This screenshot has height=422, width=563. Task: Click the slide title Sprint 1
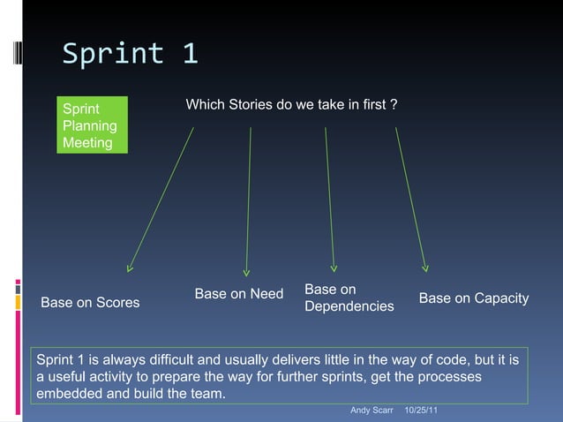coord(130,55)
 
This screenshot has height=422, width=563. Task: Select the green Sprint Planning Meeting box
coord(91,125)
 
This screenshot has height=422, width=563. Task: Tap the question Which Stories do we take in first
coord(290,106)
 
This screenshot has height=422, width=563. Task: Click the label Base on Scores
coord(90,303)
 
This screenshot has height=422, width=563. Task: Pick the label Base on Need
coord(238,294)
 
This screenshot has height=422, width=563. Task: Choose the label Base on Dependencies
coord(349,298)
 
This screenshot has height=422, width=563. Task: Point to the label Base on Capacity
coord(473,298)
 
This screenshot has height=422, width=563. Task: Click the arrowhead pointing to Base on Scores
coord(130,267)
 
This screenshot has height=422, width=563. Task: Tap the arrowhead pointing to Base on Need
coord(247,271)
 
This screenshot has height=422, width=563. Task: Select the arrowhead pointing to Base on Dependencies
coord(334,266)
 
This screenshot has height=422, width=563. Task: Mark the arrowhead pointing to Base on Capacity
coord(425,266)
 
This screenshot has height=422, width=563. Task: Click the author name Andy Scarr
coord(371,411)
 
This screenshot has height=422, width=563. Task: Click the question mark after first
coord(393,106)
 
